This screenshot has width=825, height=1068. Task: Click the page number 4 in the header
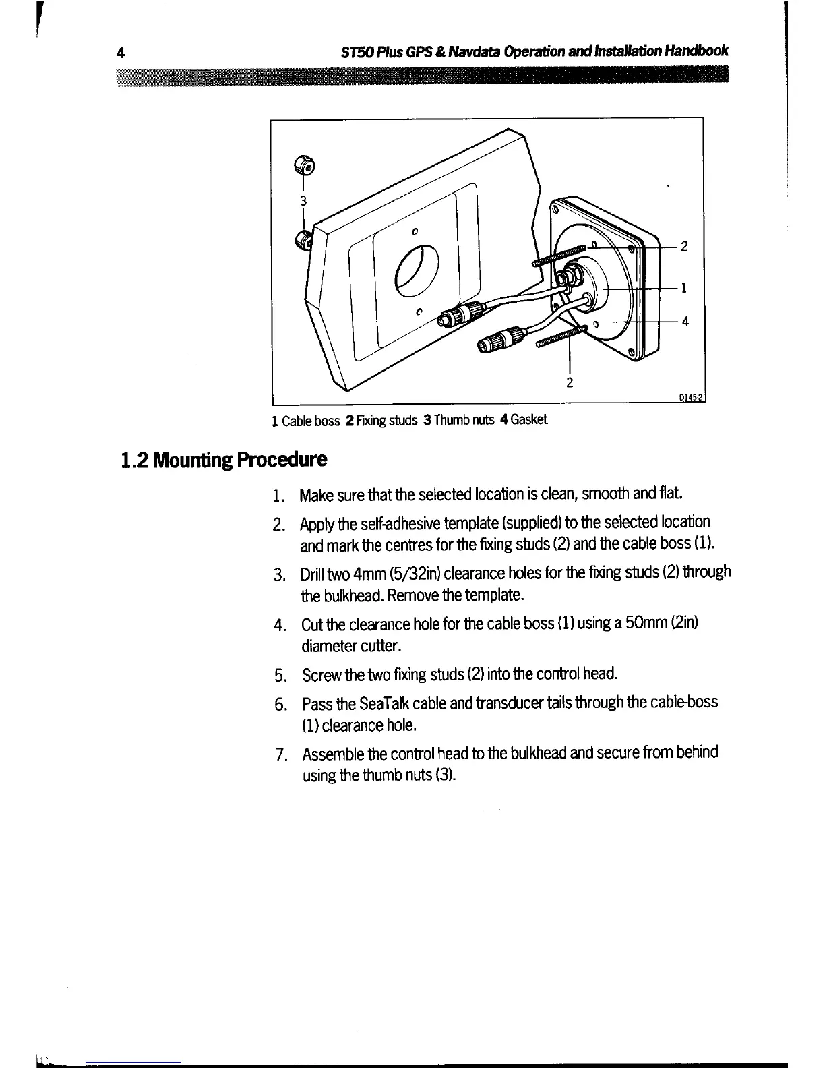120,53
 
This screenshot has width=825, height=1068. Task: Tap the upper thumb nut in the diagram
303,162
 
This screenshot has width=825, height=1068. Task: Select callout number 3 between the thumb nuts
303,200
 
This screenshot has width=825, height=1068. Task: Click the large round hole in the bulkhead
417,269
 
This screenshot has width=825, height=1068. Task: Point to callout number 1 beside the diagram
683,289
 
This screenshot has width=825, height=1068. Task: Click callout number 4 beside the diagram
685,321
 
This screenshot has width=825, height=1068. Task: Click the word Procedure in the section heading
280,461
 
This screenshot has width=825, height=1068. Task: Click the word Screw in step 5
319,674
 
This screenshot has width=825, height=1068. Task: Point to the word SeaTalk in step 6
386,703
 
